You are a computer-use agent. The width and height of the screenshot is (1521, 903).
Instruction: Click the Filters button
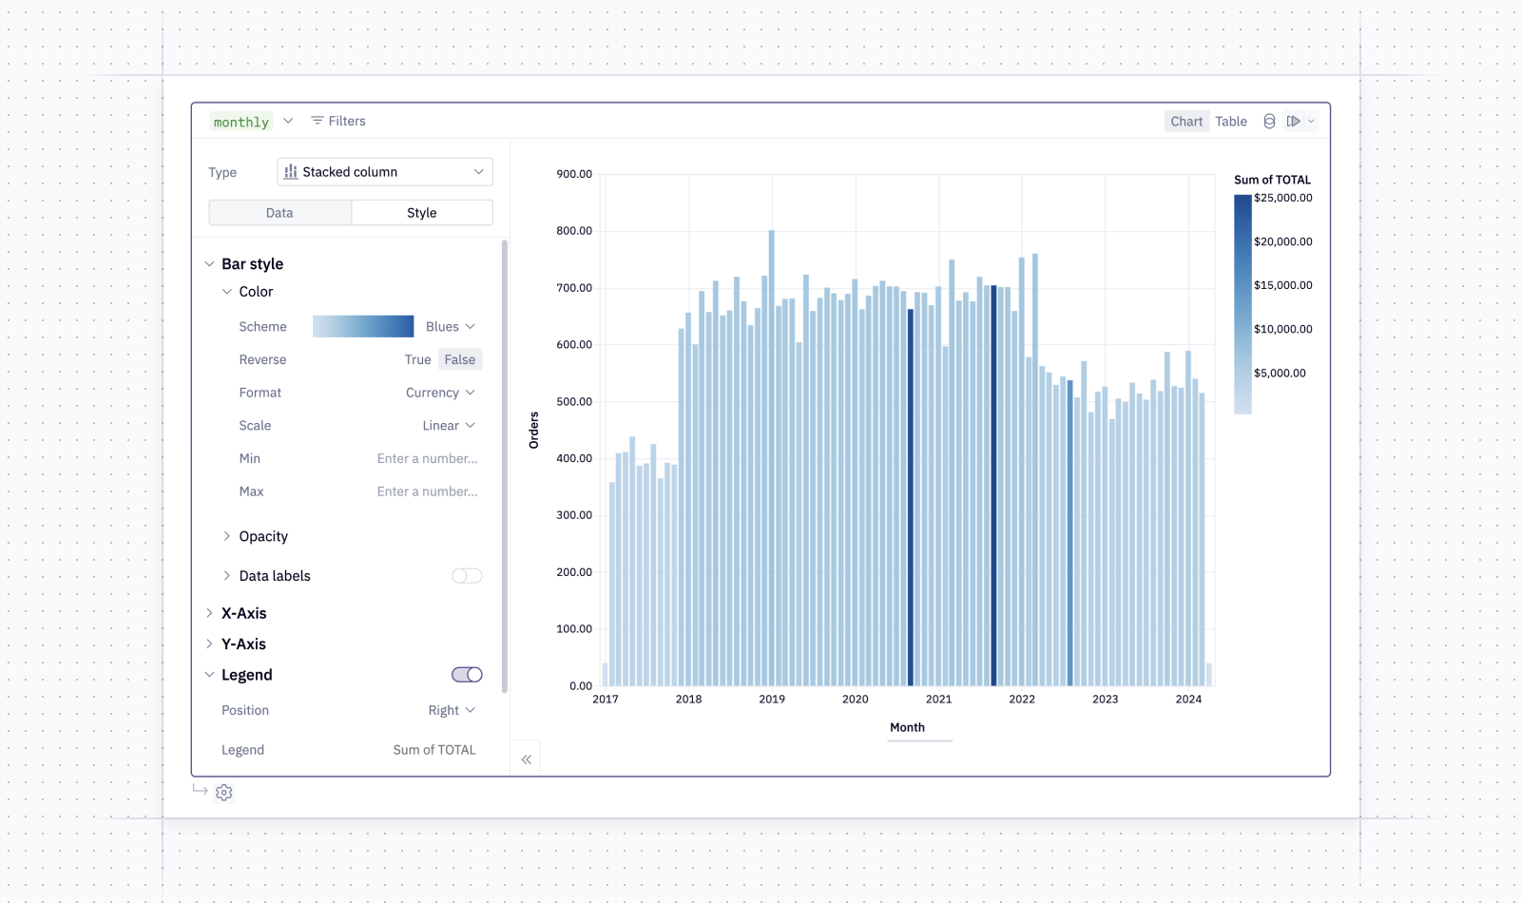point(338,121)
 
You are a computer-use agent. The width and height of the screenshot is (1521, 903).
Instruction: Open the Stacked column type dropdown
point(384,172)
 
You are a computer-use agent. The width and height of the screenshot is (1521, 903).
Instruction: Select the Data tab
point(279,213)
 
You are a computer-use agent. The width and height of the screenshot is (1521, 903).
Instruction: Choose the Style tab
point(422,213)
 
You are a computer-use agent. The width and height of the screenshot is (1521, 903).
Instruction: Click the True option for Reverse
point(417,359)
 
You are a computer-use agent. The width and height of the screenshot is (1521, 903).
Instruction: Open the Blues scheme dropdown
point(451,327)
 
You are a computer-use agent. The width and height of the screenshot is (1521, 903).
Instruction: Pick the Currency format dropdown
point(440,393)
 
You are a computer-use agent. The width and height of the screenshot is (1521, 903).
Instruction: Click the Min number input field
point(427,458)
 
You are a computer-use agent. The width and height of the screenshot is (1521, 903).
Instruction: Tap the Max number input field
point(427,490)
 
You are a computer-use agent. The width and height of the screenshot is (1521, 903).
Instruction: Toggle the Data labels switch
point(467,576)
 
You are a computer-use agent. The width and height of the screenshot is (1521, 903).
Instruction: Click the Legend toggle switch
point(467,674)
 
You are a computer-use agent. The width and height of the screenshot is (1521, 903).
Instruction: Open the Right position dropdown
point(452,710)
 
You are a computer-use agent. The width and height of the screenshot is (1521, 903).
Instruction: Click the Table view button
point(1230,121)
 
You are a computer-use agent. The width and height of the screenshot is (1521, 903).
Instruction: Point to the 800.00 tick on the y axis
point(574,231)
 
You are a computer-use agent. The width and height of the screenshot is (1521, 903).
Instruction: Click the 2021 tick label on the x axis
point(938,699)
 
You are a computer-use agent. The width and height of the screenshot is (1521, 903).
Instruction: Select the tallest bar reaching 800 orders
point(771,457)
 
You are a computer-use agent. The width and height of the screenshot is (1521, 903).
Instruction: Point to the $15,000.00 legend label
point(1282,285)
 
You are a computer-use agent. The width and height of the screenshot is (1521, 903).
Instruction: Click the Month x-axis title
point(907,727)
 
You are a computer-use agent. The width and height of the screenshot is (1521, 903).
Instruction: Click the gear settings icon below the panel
point(224,793)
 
